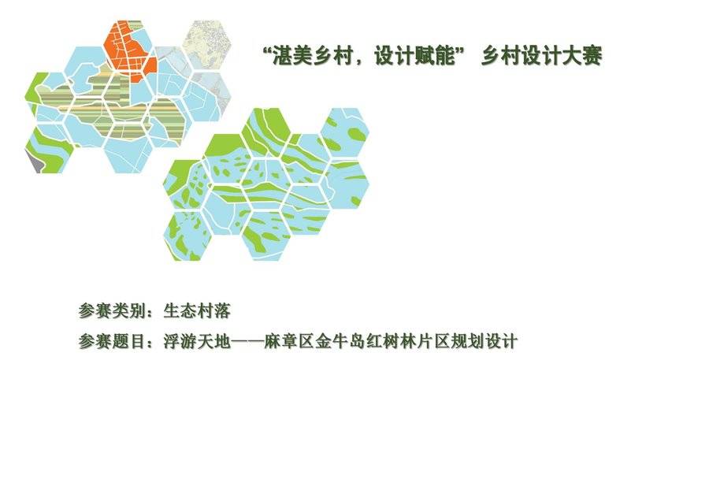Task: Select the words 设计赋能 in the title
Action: [415, 57]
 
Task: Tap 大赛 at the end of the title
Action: [581, 57]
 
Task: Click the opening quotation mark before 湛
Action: [267, 50]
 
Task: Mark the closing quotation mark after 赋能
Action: [461, 50]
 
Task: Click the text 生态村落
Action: [197, 311]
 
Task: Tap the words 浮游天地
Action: [197, 341]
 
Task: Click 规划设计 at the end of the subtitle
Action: [484, 341]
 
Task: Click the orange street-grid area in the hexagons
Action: [130, 53]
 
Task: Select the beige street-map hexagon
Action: [206, 45]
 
